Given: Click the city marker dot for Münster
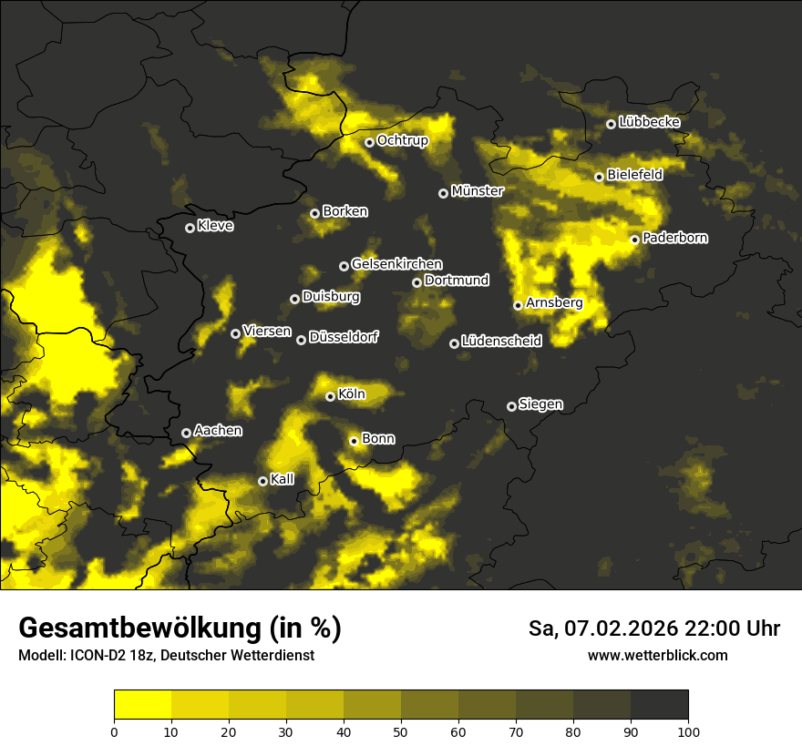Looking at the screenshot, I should click(443, 193).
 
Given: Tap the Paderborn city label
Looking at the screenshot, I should click(674, 238).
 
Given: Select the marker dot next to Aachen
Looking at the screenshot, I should click(186, 433).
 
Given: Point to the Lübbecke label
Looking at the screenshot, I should click(649, 122).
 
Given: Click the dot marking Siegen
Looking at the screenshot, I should click(511, 406).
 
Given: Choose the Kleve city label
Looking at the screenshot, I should click(215, 226).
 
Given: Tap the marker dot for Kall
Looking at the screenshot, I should click(262, 481).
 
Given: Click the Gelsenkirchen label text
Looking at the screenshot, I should click(396, 264).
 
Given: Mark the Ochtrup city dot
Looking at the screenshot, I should click(369, 142).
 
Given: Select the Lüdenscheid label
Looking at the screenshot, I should click(501, 342).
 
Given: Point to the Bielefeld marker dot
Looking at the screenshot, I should click(599, 177).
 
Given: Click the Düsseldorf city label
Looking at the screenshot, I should click(344, 337).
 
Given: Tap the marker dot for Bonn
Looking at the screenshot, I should click(354, 441).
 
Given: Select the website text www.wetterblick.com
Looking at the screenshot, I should click(658, 655).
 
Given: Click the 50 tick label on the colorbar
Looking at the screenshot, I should click(401, 730).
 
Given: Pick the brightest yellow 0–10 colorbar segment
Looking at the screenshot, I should click(143, 705).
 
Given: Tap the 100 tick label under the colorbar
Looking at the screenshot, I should click(688, 730).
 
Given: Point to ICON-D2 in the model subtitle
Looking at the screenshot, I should click(96, 655).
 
